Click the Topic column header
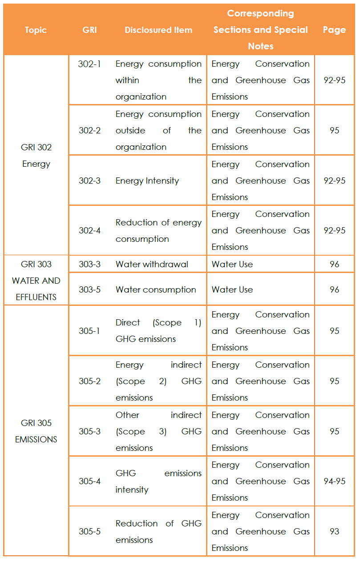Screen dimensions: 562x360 coord(36,30)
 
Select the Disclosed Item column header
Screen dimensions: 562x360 coord(158,30)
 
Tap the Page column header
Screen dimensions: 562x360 coord(334,30)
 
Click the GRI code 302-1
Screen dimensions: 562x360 coord(89,64)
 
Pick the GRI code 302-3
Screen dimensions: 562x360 coord(89,181)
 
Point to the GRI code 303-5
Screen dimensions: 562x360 coord(89,289)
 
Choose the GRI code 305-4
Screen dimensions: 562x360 coord(89,482)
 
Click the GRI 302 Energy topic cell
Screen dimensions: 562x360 coord(36,156)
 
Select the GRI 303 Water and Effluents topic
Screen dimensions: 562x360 coord(36,281)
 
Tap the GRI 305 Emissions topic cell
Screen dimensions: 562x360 coord(36,431)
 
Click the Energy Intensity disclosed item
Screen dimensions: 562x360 coord(147,181)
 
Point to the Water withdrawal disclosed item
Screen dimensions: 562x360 coord(152,265)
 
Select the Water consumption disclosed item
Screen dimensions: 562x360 coord(156,289)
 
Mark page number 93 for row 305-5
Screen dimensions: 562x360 coord(334,532)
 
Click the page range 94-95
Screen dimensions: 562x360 coord(334,482)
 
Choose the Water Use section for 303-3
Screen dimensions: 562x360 coord(232,265)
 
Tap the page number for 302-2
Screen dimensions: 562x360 coord(334,131)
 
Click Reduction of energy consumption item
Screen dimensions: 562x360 coord(158,231)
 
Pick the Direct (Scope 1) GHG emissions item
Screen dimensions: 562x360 coord(158,331)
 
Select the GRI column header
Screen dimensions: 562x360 coord(89,30)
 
